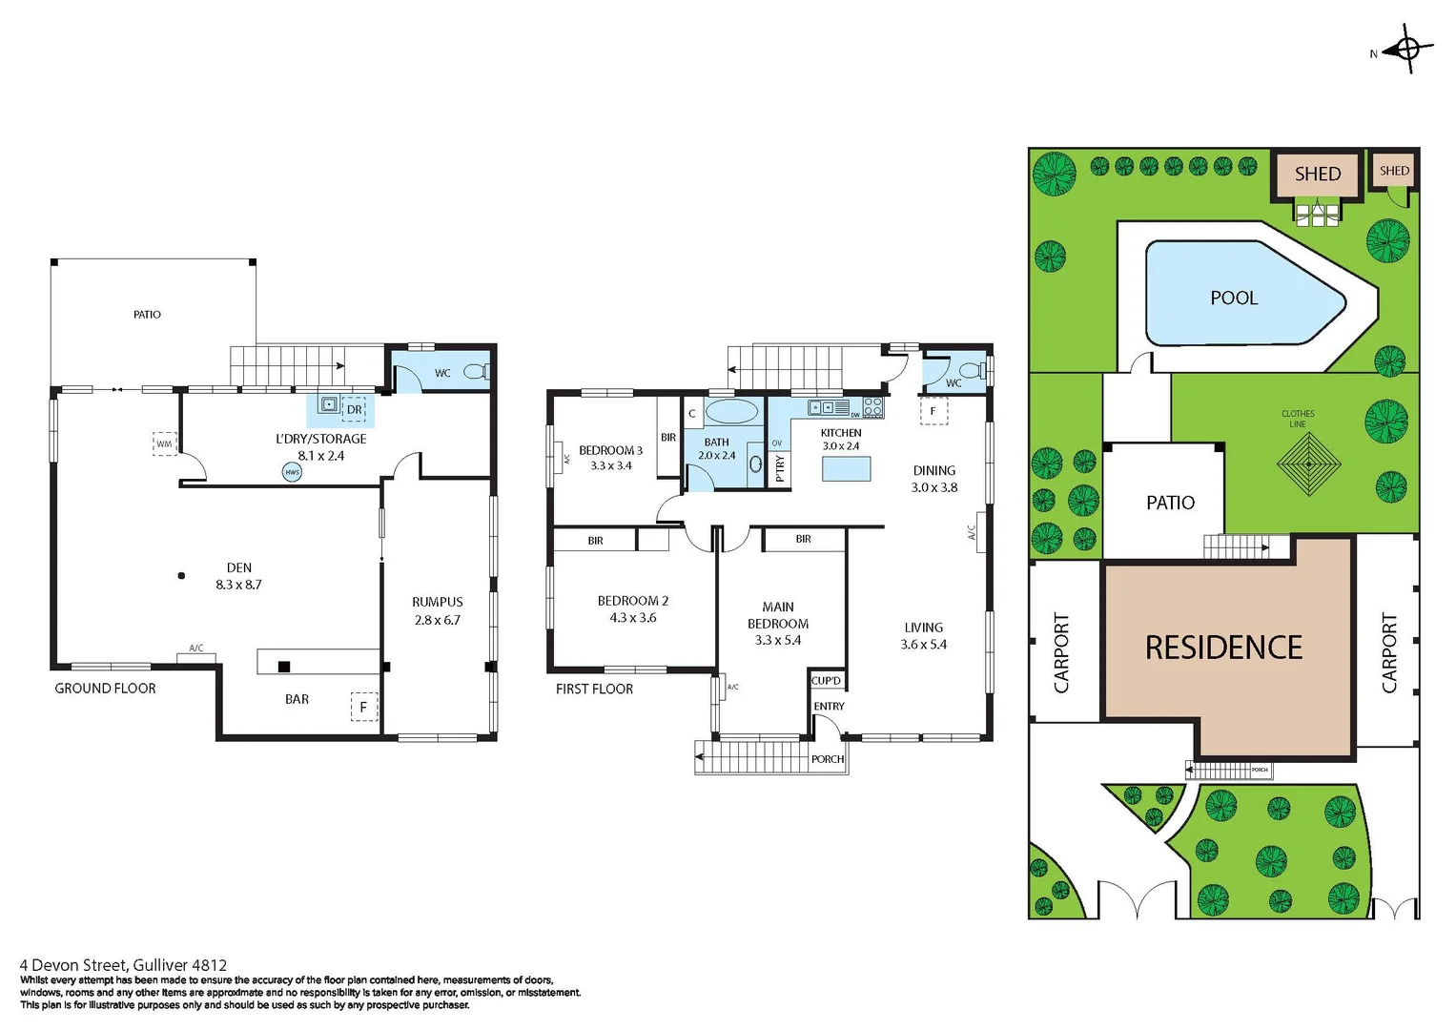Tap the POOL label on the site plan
tap(1234, 299)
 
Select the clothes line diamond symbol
tap(1309, 464)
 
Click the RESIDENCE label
tap(1223, 649)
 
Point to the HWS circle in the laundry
tap(292, 472)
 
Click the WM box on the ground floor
tap(164, 443)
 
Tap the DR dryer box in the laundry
tap(354, 409)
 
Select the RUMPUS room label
tap(438, 602)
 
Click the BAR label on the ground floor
tap(297, 699)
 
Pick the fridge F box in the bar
tap(363, 707)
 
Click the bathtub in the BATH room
tap(731, 412)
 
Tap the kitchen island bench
tap(846, 468)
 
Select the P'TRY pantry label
tap(780, 467)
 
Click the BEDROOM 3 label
tap(610, 450)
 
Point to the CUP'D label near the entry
tap(826, 680)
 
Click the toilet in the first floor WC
tap(972, 370)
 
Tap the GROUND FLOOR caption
tap(105, 689)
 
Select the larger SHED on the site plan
tap(1317, 174)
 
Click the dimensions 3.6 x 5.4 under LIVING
tap(923, 645)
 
